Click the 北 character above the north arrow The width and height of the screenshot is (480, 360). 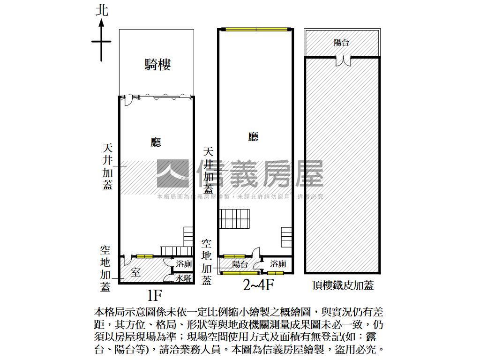(102, 10)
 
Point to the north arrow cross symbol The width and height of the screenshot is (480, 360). (101, 42)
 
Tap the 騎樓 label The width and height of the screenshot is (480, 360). (157, 65)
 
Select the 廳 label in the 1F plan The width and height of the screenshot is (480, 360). (156, 142)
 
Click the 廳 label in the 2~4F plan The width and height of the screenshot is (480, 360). (254, 136)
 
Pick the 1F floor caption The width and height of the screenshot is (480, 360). (154, 296)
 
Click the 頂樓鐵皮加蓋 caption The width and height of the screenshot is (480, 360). (342, 285)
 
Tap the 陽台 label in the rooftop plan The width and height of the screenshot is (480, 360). (341, 43)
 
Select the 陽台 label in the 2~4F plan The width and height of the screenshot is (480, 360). (240, 264)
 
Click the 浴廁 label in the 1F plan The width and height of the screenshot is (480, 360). (183, 264)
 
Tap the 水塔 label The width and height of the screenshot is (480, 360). (183, 278)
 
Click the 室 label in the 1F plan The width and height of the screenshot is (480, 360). (135, 272)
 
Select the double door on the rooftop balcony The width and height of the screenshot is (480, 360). (342, 60)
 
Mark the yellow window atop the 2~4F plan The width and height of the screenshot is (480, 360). (256, 29)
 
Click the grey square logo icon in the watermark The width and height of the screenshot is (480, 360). (172, 173)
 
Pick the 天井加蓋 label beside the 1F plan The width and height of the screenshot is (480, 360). (108, 166)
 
